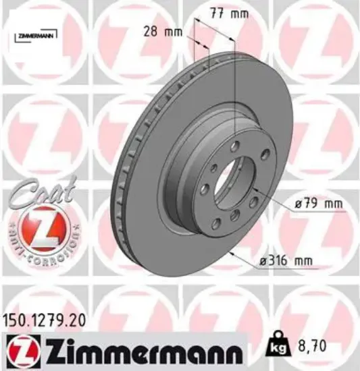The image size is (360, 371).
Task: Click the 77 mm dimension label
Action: pos(230,13)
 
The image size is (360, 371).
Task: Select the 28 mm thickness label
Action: pos(163,32)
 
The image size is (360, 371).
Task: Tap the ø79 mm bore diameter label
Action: pos(318,204)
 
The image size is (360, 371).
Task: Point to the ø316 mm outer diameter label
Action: pos(286,261)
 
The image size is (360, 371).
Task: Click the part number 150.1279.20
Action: pos(44,321)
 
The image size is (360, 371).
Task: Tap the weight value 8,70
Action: pos(311,345)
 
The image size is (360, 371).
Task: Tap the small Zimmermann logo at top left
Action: pos(36,36)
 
